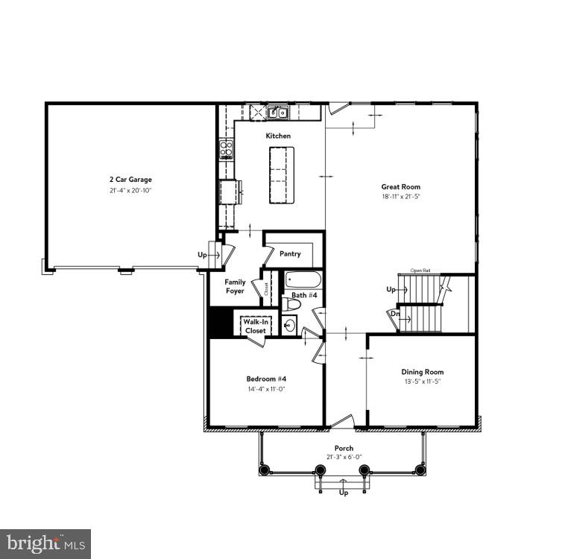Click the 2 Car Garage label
[x=130, y=180]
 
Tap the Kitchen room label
[x=278, y=136]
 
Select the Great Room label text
[x=401, y=187]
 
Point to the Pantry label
[x=290, y=254]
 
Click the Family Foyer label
[x=235, y=286]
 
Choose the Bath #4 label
[x=303, y=296]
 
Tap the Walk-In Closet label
[x=255, y=326]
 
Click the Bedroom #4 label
[x=266, y=378]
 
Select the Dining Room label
[x=423, y=372]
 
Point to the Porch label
[x=344, y=448]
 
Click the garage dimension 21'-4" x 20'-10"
[x=130, y=191]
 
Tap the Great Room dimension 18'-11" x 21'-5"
[x=401, y=198]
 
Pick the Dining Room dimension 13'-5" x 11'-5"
[x=423, y=382]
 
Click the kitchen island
[x=281, y=174]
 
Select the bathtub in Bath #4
[x=303, y=282]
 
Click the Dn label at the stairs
[x=394, y=314]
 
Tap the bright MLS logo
[x=45, y=543]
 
